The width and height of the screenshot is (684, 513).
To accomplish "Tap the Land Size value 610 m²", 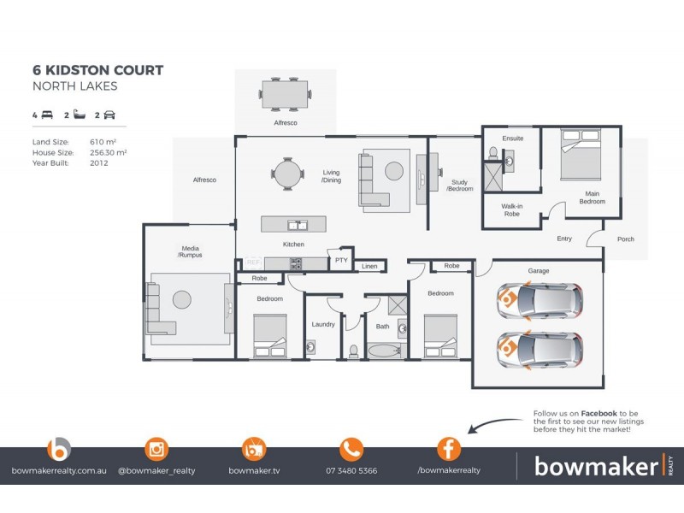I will pyautogui.click(x=103, y=141).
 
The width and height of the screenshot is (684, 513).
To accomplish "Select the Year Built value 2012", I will pyautogui.click(x=99, y=162).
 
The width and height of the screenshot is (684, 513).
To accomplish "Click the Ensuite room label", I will pyautogui.click(x=513, y=139).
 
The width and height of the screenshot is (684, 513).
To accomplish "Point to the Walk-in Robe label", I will pyautogui.click(x=513, y=209).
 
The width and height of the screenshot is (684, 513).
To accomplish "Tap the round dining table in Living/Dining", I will pyautogui.click(x=287, y=174).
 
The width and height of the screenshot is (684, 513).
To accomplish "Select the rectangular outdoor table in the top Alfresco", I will pyautogui.click(x=285, y=94).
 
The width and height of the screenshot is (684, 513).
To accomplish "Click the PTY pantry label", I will pyautogui.click(x=341, y=260).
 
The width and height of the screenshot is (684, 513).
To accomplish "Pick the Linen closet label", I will pyautogui.click(x=369, y=267).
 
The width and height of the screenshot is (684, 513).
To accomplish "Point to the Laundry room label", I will pyautogui.click(x=323, y=325).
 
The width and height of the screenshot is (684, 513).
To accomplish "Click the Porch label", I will pyautogui.click(x=625, y=239).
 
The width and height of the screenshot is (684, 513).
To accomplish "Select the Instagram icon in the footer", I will pyautogui.click(x=156, y=449).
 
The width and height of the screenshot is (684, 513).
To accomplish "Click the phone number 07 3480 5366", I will pyautogui.click(x=351, y=470).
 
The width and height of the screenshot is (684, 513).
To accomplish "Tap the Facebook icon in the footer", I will pyautogui.click(x=449, y=449).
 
